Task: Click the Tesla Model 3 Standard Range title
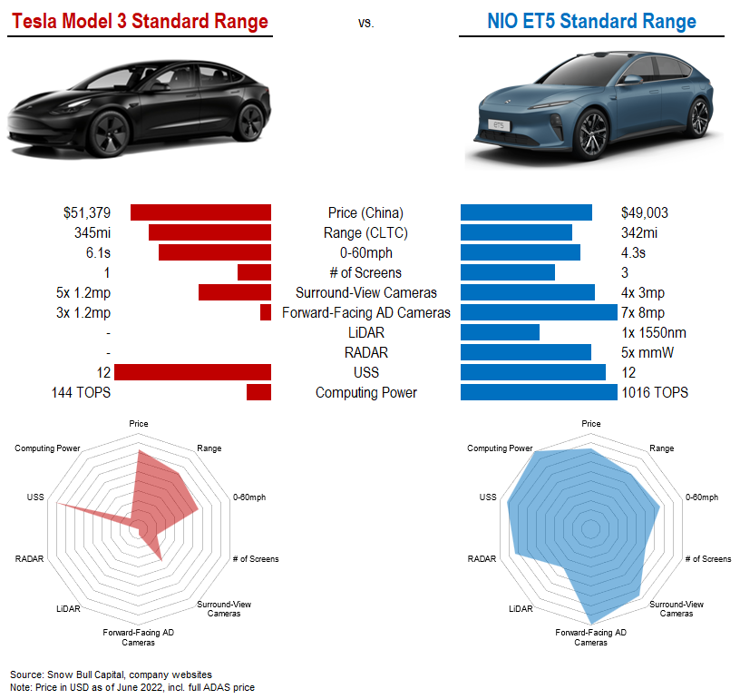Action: click(x=139, y=21)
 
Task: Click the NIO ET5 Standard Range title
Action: click(x=591, y=21)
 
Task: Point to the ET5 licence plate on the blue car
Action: click(x=498, y=123)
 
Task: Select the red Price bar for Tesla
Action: click(x=200, y=212)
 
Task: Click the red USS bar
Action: click(x=192, y=372)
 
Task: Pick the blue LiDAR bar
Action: click(x=500, y=332)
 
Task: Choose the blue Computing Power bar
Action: click(x=539, y=392)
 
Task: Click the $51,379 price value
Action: click(x=87, y=212)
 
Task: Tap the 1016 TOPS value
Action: click(x=654, y=392)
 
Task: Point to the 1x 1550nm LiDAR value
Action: click(x=653, y=332)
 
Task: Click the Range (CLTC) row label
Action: click(x=365, y=232)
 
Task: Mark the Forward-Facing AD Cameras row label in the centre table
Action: click(x=365, y=312)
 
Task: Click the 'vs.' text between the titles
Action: click(x=365, y=23)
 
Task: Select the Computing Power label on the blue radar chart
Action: click(x=500, y=448)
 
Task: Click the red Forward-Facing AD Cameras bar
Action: click(x=266, y=312)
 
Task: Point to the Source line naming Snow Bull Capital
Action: click(x=112, y=674)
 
